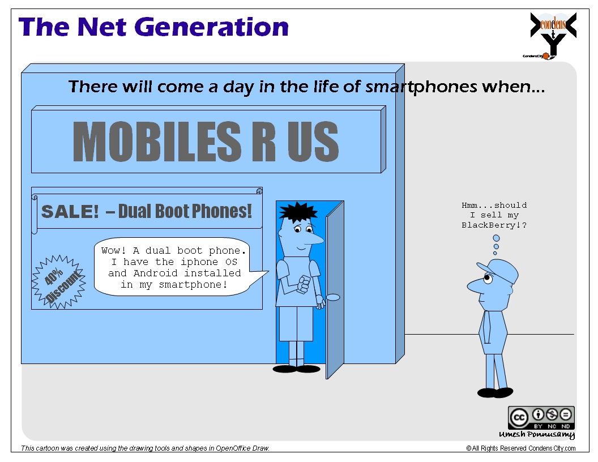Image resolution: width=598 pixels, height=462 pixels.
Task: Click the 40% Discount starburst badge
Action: pos(59,282)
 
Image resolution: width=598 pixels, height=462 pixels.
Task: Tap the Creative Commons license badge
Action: pos(541,418)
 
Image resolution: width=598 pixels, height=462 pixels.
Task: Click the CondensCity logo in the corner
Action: pos(553,36)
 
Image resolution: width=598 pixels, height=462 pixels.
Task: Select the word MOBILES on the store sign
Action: pos(157,142)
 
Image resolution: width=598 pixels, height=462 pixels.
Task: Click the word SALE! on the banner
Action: pos(70,212)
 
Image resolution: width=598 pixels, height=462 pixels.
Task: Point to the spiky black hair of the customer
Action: pos(298,212)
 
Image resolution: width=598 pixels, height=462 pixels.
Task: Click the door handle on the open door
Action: pos(332,297)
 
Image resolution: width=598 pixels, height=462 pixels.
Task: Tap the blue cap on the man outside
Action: pos(499,270)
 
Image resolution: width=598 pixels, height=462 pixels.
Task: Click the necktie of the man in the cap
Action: pos(487,329)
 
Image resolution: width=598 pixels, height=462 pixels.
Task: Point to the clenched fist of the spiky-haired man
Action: pos(304,284)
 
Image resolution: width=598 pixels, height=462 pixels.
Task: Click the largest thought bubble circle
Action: pos(496,238)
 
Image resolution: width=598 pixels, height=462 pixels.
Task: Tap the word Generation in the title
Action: pos(212,27)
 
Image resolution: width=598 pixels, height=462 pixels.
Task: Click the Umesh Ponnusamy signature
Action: pos(537,435)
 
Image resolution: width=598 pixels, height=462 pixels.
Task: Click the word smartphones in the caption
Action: pos(421,87)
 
